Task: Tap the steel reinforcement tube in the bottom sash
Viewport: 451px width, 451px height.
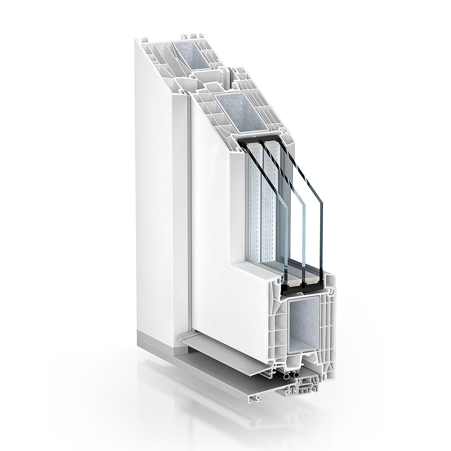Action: [305, 320]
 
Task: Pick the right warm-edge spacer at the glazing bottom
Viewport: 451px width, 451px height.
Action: [312, 282]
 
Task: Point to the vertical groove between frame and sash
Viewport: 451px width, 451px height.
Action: [186, 203]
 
